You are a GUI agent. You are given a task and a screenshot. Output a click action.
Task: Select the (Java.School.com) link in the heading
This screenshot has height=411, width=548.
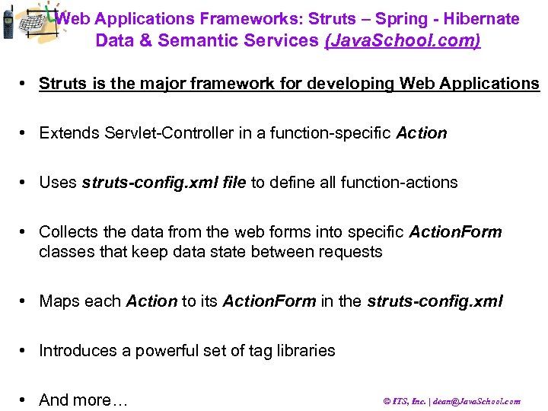point(403,40)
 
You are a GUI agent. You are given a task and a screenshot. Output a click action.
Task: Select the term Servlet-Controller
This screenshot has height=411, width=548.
point(158,133)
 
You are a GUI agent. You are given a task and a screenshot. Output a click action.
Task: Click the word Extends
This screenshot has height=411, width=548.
point(67,133)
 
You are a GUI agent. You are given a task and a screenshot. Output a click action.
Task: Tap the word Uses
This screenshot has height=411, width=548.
point(58,183)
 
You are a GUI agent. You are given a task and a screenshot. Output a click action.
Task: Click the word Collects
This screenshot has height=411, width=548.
point(69,231)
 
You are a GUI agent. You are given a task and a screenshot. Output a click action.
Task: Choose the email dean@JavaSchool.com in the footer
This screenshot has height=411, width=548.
point(481,401)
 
